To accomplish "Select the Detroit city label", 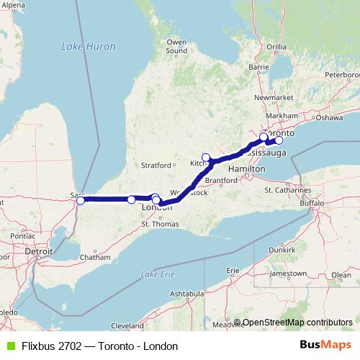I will (x=39, y=252).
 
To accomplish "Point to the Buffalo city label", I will (x=313, y=204).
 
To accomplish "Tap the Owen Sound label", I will (x=176, y=46).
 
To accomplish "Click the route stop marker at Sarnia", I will (x=80, y=201).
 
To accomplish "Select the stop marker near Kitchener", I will (x=206, y=158).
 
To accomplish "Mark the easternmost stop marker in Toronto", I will (x=279, y=140).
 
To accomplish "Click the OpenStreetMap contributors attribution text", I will (x=297, y=323).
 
